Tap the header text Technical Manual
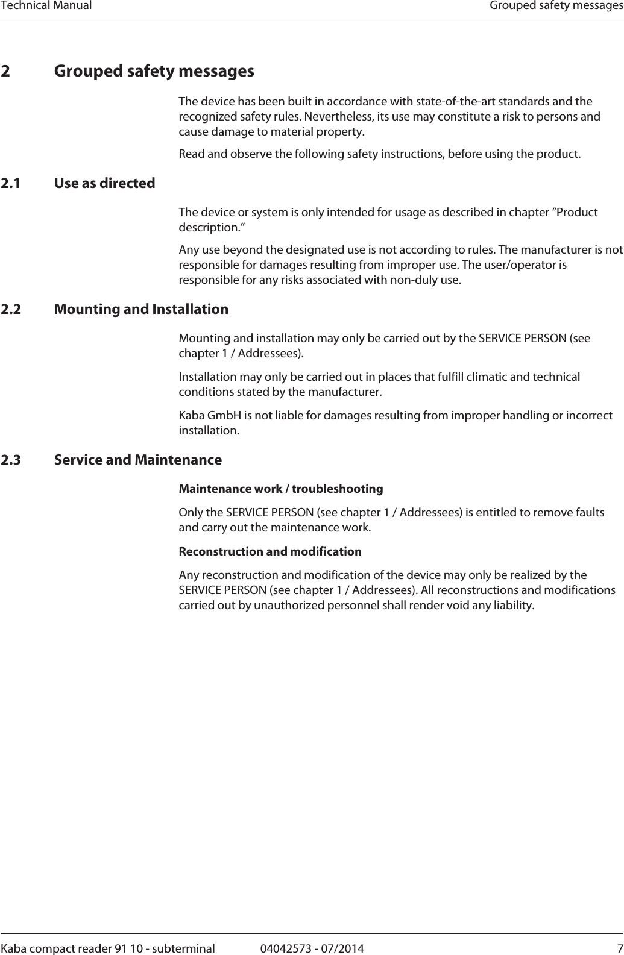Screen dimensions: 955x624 coord(46,6)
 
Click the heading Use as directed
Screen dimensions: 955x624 coord(104,183)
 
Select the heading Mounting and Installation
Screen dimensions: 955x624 coord(141,310)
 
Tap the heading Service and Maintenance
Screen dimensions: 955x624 coord(137,460)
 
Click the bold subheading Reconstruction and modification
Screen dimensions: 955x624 coord(270,552)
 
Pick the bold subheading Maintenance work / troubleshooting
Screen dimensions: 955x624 coord(281,489)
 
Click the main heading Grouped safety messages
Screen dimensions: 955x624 coord(154,71)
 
